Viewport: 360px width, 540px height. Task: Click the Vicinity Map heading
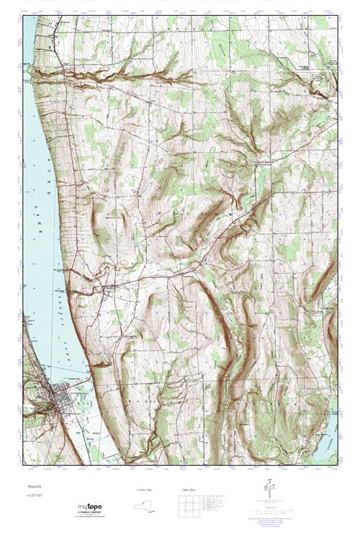click(x=144, y=489)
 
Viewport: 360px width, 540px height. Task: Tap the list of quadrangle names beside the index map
click(x=216, y=502)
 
